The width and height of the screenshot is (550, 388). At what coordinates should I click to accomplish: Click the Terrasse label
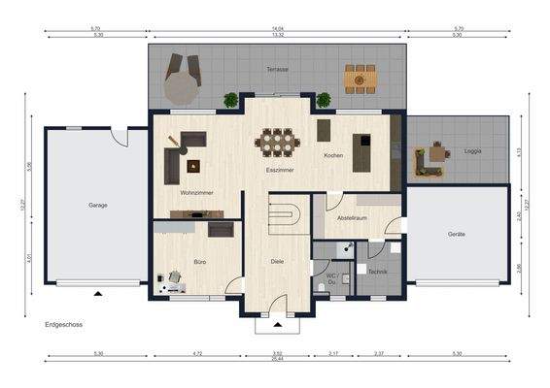coord(278,69)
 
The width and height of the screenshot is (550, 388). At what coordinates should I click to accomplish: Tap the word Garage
coord(98,205)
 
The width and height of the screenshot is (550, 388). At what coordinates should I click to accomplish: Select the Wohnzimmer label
coord(197,193)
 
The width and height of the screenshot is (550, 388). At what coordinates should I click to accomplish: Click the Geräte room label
coord(456,234)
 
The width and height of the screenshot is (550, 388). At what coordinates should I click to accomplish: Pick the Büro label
coord(198,263)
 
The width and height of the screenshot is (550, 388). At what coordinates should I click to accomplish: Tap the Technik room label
coord(378,271)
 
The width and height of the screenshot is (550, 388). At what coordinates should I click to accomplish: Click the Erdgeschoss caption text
coord(64,327)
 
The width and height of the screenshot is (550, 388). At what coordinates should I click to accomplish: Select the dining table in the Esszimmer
coord(279,143)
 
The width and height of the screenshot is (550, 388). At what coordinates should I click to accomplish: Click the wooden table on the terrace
coord(360,78)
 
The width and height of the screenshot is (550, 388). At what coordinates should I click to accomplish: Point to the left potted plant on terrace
coord(231,99)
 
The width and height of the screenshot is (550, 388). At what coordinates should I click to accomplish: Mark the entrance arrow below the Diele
coord(278,325)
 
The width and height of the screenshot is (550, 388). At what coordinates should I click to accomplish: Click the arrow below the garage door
coord(97,291)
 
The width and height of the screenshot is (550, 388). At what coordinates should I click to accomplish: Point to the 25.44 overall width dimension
coord(277,357)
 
